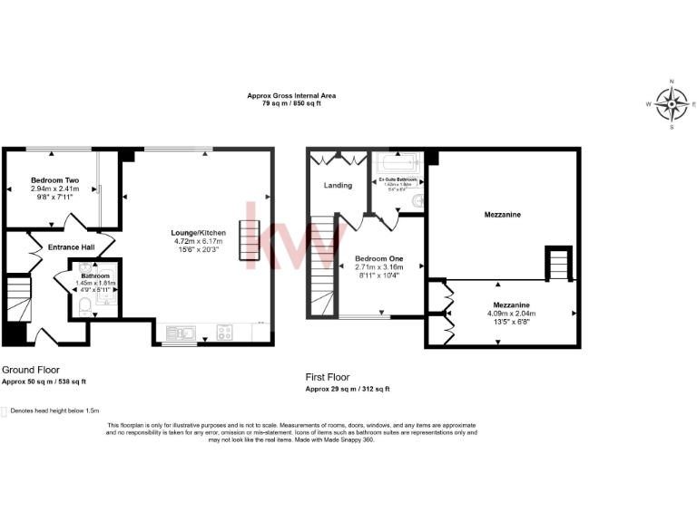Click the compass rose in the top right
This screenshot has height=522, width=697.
[671, 104]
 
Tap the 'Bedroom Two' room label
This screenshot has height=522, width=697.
[54, 180]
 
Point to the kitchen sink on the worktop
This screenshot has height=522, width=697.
[180, 332]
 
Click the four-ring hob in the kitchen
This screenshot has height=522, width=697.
[224, 332]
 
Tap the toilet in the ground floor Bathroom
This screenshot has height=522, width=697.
[83, 306]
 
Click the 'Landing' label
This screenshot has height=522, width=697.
[338, 187]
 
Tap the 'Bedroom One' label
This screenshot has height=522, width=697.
[378, 258]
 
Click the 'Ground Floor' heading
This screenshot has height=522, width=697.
[31, 370]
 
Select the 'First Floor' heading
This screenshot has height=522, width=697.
[328, 377]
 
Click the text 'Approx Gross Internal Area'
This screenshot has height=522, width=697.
[286, 96]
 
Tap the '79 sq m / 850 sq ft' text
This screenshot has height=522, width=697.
[286, 104]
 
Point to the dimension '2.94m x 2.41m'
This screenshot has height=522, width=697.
[55, 188]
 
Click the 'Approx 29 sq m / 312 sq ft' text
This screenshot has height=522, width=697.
[348, 389]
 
